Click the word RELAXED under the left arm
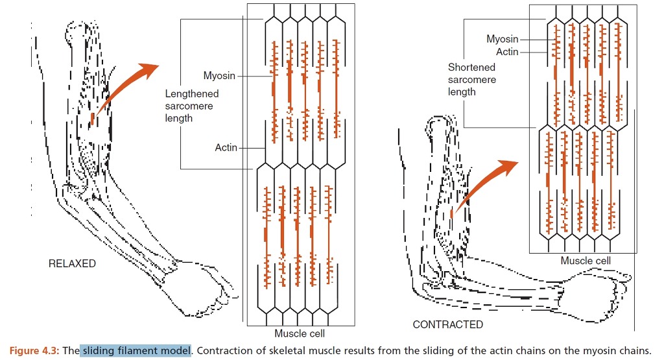[x=72, y=263]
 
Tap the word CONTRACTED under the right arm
[x=447, y=324]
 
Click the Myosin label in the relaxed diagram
[x=219, y=76]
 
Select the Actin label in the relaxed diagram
[x=226, y=147]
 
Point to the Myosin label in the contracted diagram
[x=503, y=39]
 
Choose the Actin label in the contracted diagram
[x=507, y=52]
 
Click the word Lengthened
[x=192, y=94]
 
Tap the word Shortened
[x=471, y=67]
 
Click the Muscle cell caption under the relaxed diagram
[x=300, y=333]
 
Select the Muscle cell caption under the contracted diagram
[x=586, y=261]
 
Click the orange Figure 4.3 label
[x=34, y=351]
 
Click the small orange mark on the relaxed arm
[x=92, y=119]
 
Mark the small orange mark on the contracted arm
[x=451, y=214]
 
